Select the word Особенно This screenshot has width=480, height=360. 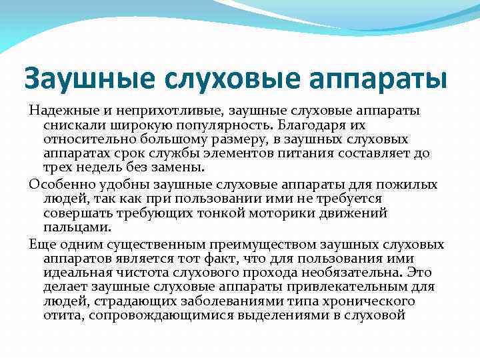[x=56, y=184]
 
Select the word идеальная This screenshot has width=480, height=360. [x=71, y=272]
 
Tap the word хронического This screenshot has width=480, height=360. [x=377, y=301]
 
